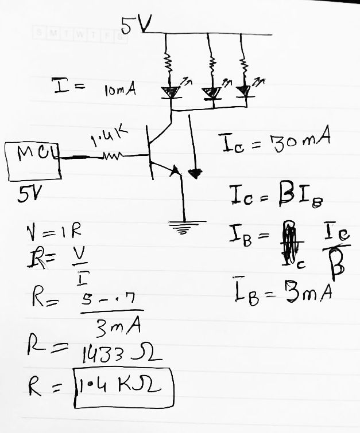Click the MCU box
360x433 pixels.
33,160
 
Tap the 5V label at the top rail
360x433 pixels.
136,24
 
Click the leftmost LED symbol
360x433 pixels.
171,92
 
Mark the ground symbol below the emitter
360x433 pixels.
184,228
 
